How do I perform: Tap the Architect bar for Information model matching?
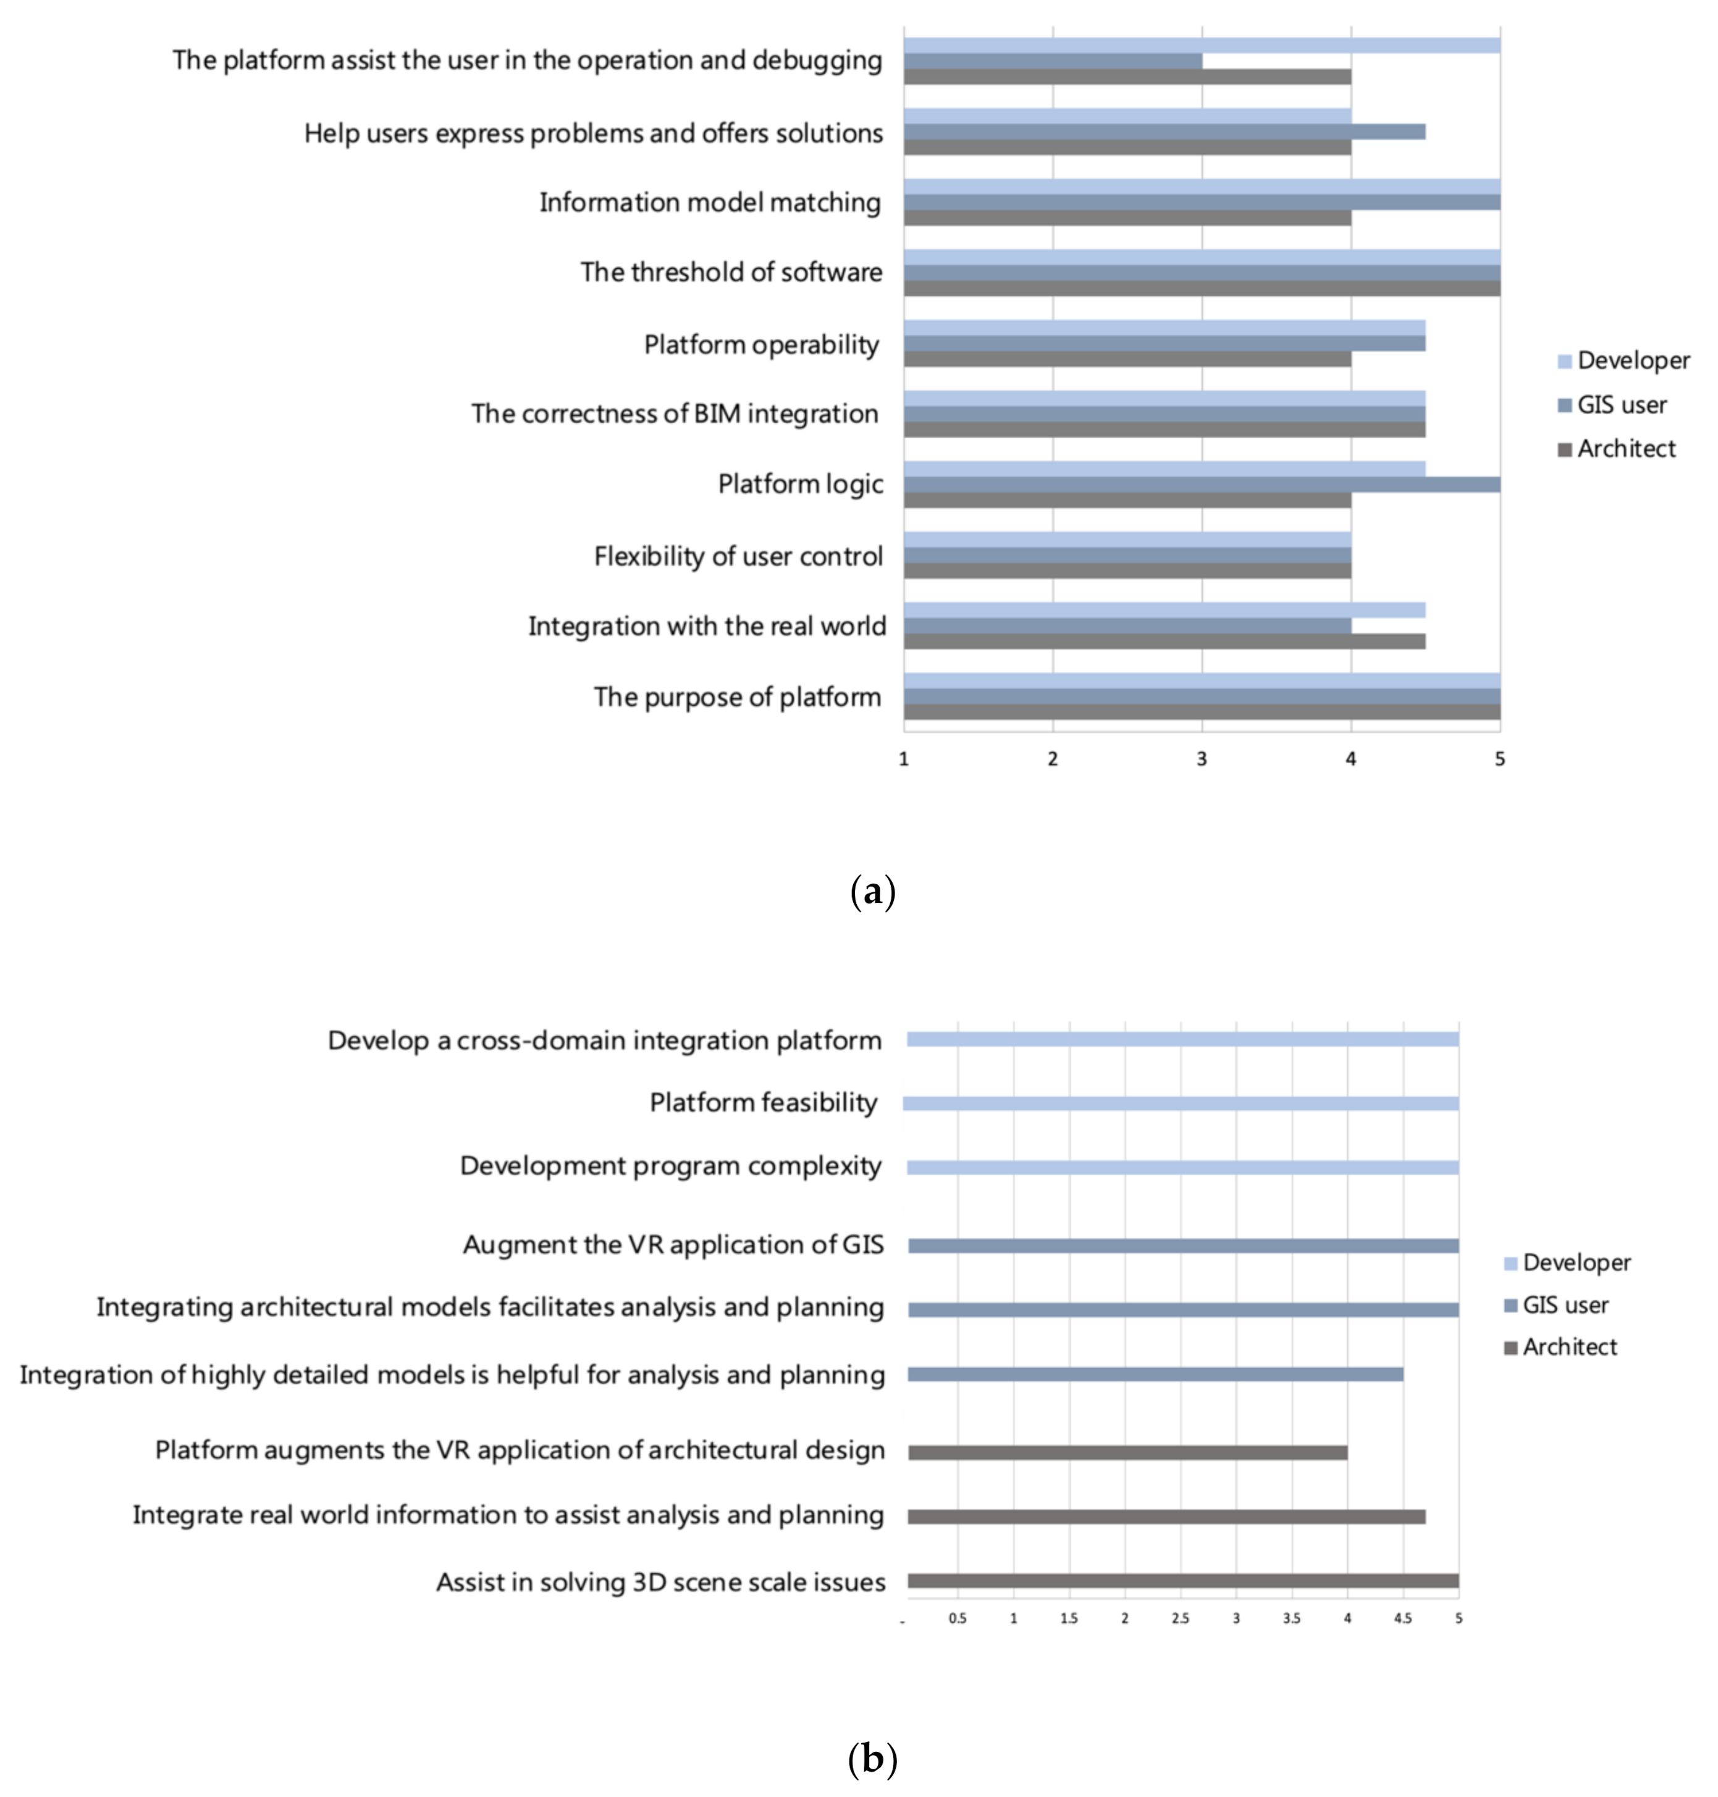tap(1126, 218)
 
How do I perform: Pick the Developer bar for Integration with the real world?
tap(1163, 610)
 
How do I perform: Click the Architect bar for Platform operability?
tap(1126, 359)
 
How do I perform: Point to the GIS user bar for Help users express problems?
tap(1163, 132)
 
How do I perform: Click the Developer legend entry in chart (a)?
tap(1623, 361)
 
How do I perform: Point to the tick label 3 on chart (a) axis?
tap(1202, 759)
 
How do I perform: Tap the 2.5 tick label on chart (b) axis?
tap(1181, 1618)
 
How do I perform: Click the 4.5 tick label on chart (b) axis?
tap(1402, 1618)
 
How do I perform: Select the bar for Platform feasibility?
tap(1181, 1104)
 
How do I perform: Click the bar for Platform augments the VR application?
tap(1126, 1453)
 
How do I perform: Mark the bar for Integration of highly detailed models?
tap(1154, 1375)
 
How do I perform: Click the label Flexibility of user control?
tap(738, 556)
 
